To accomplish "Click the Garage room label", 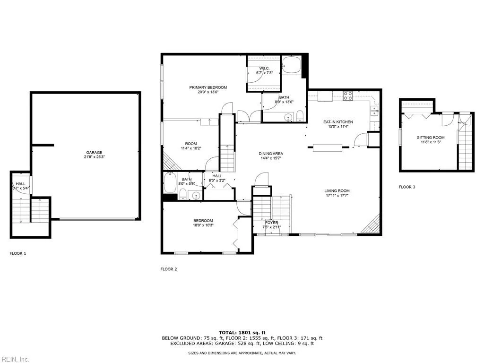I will pos(94,152).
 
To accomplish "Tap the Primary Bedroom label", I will pos(208,87).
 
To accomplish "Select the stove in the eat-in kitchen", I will pos(348,96).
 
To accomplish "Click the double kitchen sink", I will pos(374,111).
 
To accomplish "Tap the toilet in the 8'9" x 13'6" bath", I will pos(300,116).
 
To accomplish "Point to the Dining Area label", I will pos(271,154).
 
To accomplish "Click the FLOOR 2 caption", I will pos(168,269).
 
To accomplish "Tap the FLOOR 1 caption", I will pos(18,253).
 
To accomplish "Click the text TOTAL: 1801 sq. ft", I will pos(242,332).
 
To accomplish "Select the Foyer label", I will pos(271,223).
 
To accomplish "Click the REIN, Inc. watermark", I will pos(15,359).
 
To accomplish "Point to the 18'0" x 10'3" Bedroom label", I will pos(203,221).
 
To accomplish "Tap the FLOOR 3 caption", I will pos(407,187).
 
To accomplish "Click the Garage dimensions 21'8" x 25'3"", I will pos(94,157).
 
